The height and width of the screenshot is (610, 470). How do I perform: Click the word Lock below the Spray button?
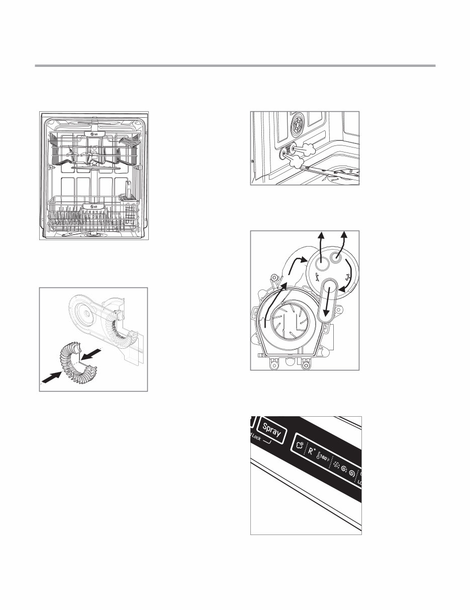click(257, 438)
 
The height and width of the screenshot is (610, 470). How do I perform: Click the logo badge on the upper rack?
click(93, 134)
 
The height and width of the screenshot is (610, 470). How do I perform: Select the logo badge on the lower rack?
click(93, 206)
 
